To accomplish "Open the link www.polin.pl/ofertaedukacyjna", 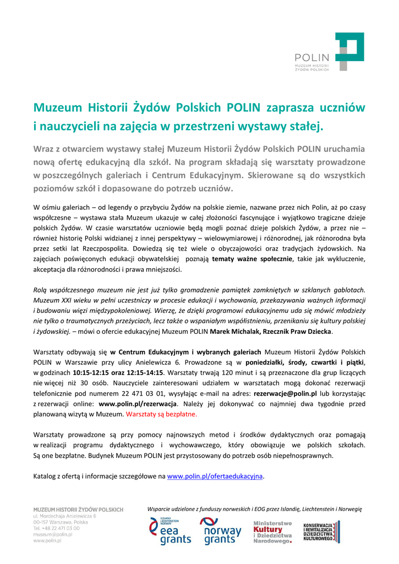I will pyautogui.click(x=215, y=475).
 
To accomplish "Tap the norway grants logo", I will pyautogui.click(x=220, y=532).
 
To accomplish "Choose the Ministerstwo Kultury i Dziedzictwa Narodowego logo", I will pyautogui.click(x=272, y=532).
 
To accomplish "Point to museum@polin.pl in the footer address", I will pyautogui.click(x=53, y=534).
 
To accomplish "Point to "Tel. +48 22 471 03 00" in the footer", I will pyautogui.click(x=56, y=528).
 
